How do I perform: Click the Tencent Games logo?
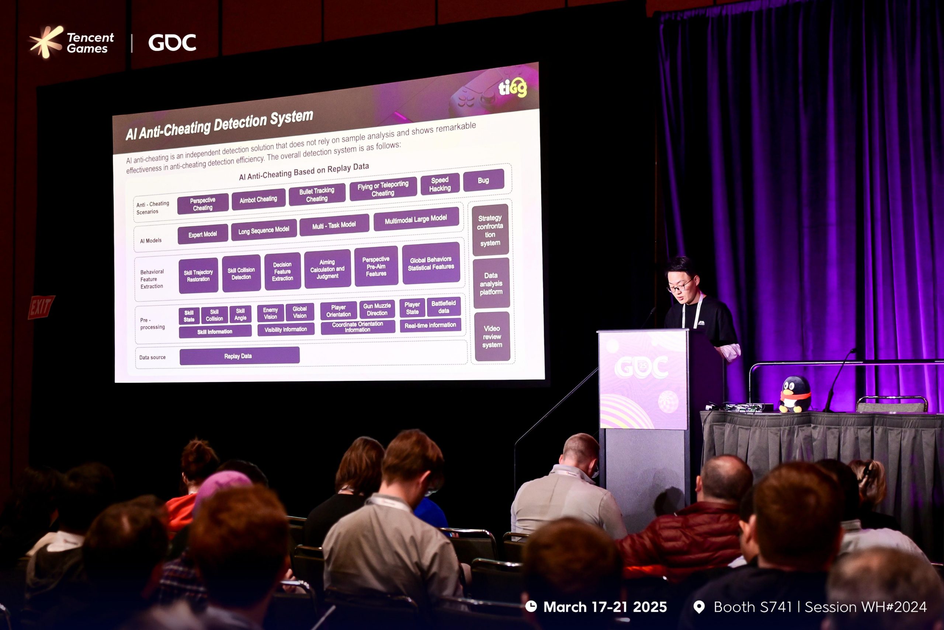(72, 42)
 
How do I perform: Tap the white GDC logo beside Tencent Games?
(172, 42)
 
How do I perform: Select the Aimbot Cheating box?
(258, 199)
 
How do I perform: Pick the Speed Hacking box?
(440, 185)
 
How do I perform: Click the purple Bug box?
(484, 180)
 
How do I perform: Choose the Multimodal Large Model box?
(416, 219)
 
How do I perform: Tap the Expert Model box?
(203, 234)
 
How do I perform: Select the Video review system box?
(492, 337)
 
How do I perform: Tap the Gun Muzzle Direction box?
(377, 309)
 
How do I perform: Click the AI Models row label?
(151, 241)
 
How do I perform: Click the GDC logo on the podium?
(641, 367)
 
